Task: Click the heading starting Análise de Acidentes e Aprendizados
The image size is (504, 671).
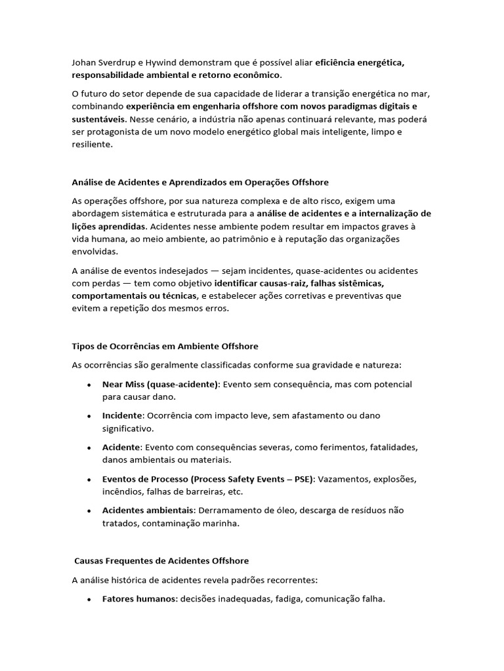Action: [x=200, y=182]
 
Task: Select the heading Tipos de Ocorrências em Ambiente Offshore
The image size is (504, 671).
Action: [x=165, y=346]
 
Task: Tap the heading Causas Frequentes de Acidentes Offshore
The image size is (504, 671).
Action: [x=161, y=561]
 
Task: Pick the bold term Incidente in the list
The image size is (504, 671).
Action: [x=122, y=415]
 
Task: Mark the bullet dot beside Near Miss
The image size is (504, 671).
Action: [x=89, y=385]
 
